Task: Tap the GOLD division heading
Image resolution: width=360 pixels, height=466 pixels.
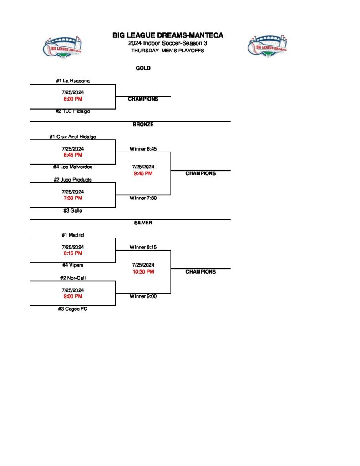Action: [143, 68]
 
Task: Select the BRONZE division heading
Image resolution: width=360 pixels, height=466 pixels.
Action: [143, 124]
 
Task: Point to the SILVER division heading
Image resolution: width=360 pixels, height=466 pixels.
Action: [143, 223]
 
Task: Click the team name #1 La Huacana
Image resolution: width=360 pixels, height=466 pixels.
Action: [73, 81]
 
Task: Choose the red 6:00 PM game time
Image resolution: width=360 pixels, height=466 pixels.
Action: [73, 99]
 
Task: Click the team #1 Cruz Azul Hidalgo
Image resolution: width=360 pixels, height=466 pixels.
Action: [73, 137]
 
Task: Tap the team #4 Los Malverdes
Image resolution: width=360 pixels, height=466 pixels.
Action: [73, 167]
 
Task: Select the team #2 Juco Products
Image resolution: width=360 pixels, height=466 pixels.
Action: [73, 180]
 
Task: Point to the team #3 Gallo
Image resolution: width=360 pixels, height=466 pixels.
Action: [73, 211]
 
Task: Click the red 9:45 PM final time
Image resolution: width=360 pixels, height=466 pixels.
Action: [143, 173]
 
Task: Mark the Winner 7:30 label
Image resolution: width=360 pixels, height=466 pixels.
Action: [143, 198]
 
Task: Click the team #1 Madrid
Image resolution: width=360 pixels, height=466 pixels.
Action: [73, 235]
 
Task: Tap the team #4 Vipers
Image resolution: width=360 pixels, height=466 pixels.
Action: [73, 265]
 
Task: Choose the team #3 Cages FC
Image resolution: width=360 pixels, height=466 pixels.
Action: [73, 309]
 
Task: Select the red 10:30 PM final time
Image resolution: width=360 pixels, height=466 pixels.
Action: [143, 272]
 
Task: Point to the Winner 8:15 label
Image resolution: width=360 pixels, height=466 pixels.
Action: [143, 247]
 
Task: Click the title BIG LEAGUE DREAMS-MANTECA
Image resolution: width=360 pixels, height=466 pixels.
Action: [168, 35]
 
